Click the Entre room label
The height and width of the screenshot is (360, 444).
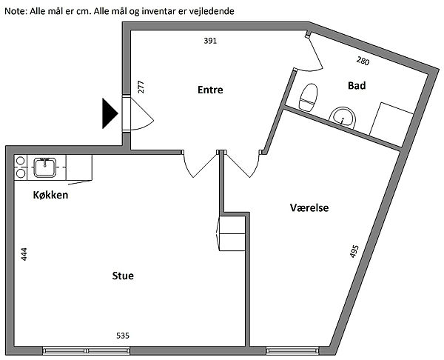click(x=210, y=90)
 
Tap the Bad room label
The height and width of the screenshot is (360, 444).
click(x=357, y=86)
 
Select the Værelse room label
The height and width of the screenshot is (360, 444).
click(x=309, y=208)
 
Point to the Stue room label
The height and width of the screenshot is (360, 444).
click(x=122, y=276)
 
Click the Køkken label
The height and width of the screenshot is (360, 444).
click(x=51, y=196)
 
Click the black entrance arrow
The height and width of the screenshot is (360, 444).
click(x=110, y=113)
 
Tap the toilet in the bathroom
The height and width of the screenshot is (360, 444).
click(x=307, y=97)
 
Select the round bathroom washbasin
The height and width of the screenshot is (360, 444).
click(x=342, y=117)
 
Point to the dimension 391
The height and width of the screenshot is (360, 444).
click(x=210, y=41)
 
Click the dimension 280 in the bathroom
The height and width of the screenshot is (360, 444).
click(x=363, y=61)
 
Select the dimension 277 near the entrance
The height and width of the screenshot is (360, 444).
click(x=141, y=86)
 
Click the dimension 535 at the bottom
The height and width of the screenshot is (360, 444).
click(x=123, y=336)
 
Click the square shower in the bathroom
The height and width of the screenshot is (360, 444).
click(x=392, y=122)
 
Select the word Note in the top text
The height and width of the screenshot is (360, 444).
click(x=16, y=13)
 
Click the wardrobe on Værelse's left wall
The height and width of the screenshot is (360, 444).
click(x=232, y=234)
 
